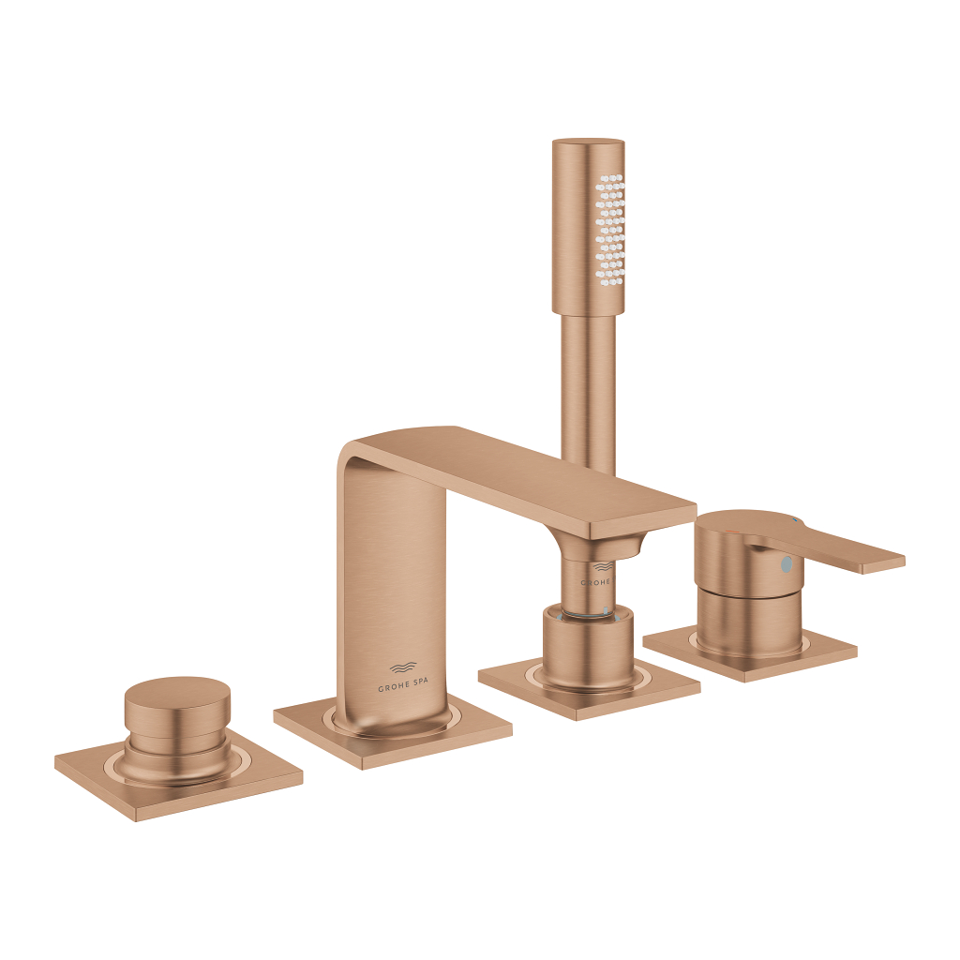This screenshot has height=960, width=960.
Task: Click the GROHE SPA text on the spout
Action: tap(402, 687)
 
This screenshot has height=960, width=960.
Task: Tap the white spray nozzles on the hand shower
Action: tap(609, 230)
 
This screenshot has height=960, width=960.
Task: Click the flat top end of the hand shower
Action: tap(588, 142)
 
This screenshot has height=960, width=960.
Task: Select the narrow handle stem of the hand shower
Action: tap(588, 394)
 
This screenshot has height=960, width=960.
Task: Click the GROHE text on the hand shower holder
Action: tap(596, 582)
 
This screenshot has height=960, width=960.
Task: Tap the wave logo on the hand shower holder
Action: tap(602, 566)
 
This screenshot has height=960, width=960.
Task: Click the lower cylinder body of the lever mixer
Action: tap(748, 623)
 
